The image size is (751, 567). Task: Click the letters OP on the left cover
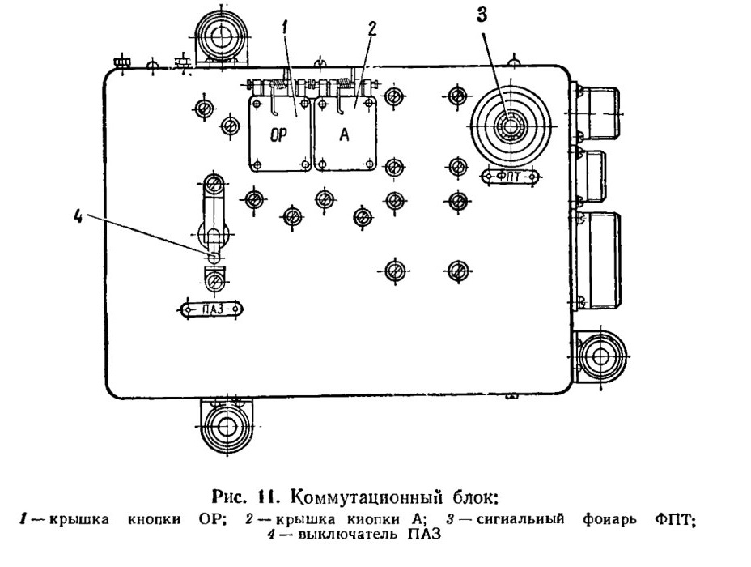pyautogui.click(x=278, y=135)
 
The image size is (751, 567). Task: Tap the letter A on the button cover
pyautogui.click(x=345, y=135)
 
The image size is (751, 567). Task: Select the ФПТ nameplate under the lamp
pyautogui.click(x=510, y=177)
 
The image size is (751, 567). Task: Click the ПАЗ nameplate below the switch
pyautogui.click(x=211, y=309)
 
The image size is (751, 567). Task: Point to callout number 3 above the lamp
pyautogui.click(x=482, y=15)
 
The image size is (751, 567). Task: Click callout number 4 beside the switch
pyautogui.click(x=78, y=216)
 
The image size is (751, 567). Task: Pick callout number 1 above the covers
pyautogui.click(x=285, y=28)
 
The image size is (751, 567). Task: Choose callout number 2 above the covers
pyautogui.click(x=371, y=29)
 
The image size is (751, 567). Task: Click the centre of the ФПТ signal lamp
pyautogui.click(x=511, y=126)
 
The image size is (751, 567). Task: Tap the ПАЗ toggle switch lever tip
pyautogui.click(x=214, y=257)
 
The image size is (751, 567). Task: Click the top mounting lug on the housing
pyautogui.click(x=220, y=38)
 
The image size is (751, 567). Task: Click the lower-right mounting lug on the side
pyautogui.click(x=600, y=356)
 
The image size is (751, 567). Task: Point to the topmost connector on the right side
pyautogui.click(x=597, y=113)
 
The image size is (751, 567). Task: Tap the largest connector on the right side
pyautogui.click(x=597, y=260)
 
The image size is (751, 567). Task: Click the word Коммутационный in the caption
pyautogui.click(x=366, y=497)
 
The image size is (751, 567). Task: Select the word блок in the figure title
pyautogui.click(x=476, y=497)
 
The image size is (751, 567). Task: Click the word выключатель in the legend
pyautogui.click(x=347, y=535)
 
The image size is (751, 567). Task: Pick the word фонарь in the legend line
pyautogui.click(x=609, y=519)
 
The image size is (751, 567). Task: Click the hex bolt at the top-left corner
pyautogui.click(x=123, y=63)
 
